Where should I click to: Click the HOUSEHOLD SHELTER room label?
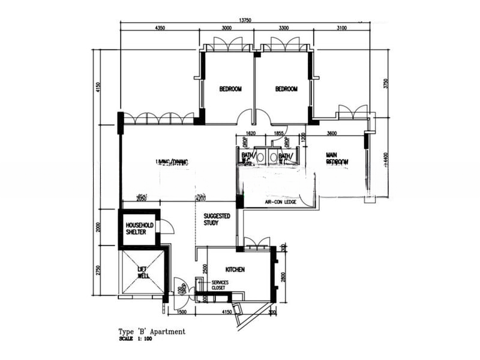tap(139, 229)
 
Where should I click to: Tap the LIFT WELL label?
tap(143, 273)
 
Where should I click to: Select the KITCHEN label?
tap(235, 270)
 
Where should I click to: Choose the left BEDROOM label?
tap(230, 89)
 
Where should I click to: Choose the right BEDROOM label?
tap(286, 89)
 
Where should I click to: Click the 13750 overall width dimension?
tap(245, 20)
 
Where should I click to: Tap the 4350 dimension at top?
tap(160, 28)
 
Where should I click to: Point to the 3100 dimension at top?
tap(342, 28)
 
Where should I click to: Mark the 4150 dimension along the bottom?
tap(226, 313)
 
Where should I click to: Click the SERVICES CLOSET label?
tap(218, 285)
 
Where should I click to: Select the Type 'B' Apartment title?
tap(151, 331)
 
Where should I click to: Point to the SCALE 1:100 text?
tap(135, 340)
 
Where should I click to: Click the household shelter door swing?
tap(167, 226)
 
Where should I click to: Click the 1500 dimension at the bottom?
tap(182, 313)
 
